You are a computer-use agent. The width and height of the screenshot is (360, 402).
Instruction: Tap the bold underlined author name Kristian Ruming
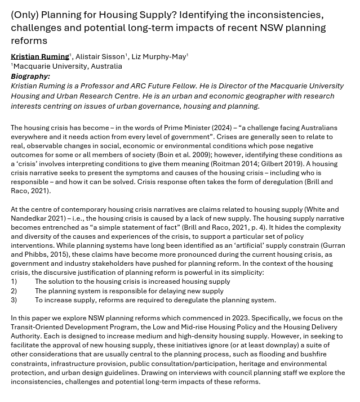(40, 56)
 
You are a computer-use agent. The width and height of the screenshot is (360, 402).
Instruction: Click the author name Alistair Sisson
(100, 56)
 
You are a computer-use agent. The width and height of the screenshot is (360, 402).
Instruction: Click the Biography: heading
(30, 76)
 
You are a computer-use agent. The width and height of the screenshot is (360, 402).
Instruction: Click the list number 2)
(14, 291)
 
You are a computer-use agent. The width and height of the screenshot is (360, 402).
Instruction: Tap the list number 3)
(14, 300)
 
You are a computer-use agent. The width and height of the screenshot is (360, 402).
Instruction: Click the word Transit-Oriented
(38, 327)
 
